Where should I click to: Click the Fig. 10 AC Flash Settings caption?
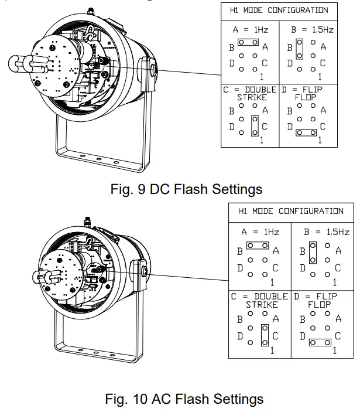click(x=184, y=399)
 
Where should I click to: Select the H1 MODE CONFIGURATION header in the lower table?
click(x=291, y=211)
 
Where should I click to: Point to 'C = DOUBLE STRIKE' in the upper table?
click(x=251, y=94)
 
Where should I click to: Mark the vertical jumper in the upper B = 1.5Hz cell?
click(x=299, y=49)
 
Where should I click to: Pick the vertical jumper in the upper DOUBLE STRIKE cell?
click(x=255, y=126)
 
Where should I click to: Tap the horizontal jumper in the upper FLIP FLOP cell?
click(x=306, y=133)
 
